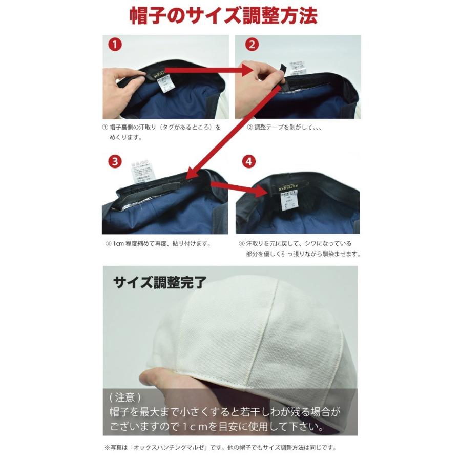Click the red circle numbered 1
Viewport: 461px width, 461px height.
(115, 44)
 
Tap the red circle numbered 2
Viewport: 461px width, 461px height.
(251, 44)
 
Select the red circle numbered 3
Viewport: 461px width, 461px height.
(115, 161)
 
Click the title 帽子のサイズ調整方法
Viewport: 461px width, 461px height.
(223, 15)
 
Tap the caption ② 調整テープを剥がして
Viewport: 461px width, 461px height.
(284, 127)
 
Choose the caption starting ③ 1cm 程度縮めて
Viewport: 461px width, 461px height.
(158, 244)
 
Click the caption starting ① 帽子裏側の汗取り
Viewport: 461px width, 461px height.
(161, 127)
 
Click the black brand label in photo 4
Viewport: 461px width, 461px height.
(287, 187)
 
